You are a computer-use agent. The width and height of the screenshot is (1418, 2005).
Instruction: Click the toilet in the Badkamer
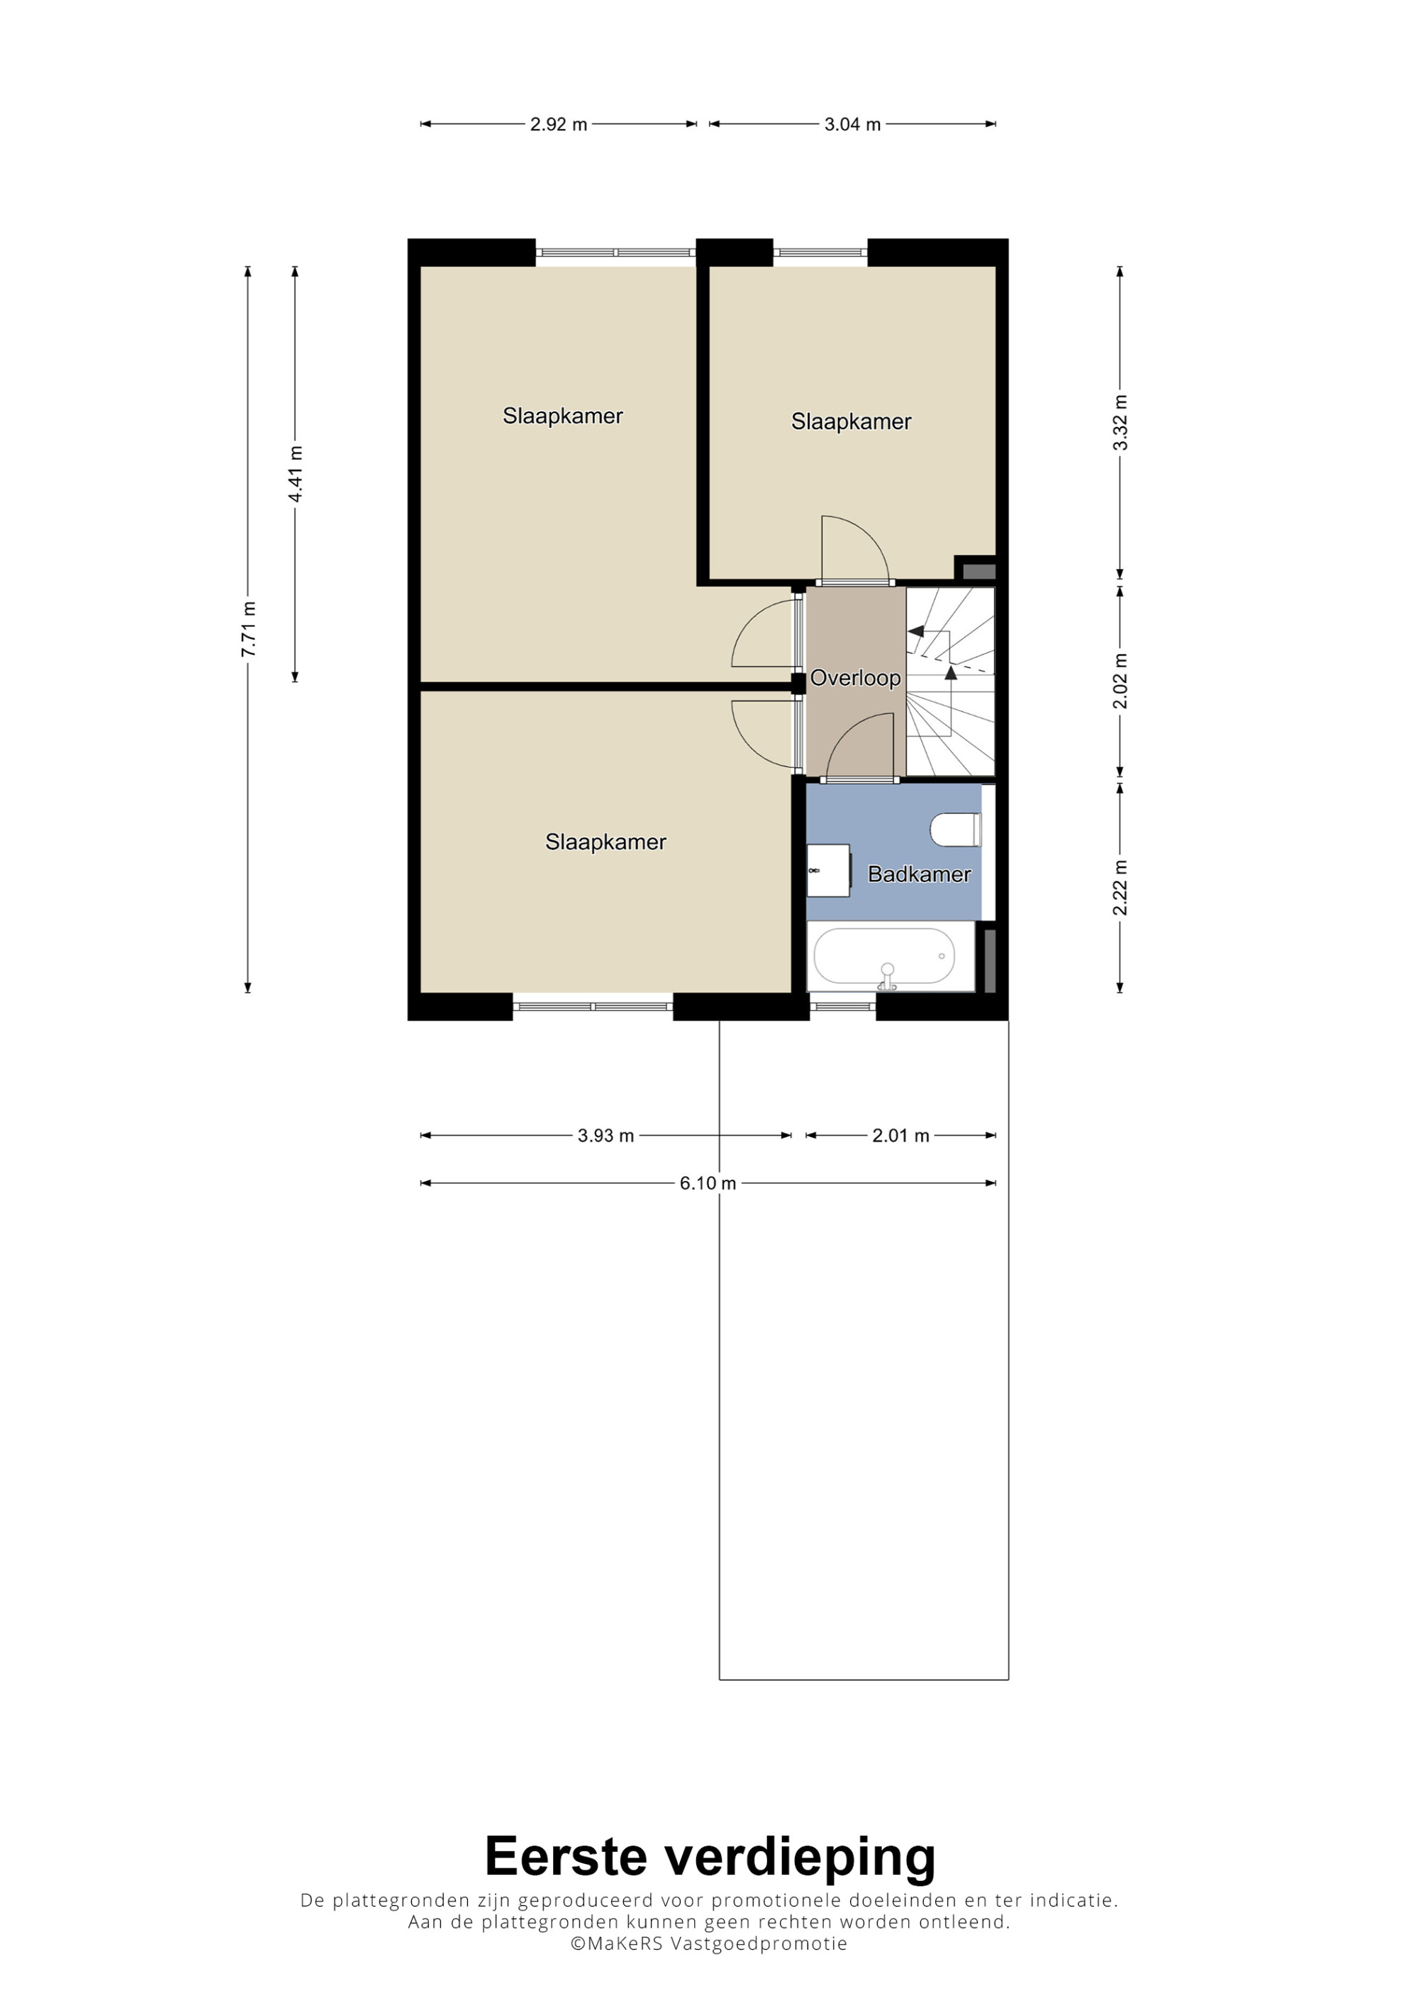pos(956,830)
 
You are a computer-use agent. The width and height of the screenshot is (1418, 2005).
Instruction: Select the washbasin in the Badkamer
pos(828,870)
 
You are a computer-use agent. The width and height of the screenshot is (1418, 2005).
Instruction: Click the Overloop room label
pos(855,677)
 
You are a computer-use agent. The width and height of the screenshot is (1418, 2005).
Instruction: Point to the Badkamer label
pos(919,874)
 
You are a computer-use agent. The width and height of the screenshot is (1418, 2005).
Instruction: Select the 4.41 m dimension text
pos(296,474)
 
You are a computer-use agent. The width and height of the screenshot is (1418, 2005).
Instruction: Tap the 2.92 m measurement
pos(558,124)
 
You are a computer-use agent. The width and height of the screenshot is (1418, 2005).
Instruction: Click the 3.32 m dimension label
pos(1120,423)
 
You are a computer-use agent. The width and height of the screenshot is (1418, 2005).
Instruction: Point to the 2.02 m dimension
pos(1120,681)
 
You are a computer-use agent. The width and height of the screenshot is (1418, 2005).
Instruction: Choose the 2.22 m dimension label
pos(1120,887)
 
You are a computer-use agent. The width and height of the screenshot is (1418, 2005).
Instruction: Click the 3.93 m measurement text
pos(605,1135)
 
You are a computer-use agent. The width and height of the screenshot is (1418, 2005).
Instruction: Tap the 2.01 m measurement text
pos(900,1135)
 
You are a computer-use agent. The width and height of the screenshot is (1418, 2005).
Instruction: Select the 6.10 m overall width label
pos(708,1183)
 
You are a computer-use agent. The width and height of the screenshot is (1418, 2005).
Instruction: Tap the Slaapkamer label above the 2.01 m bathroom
pos(851,422)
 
